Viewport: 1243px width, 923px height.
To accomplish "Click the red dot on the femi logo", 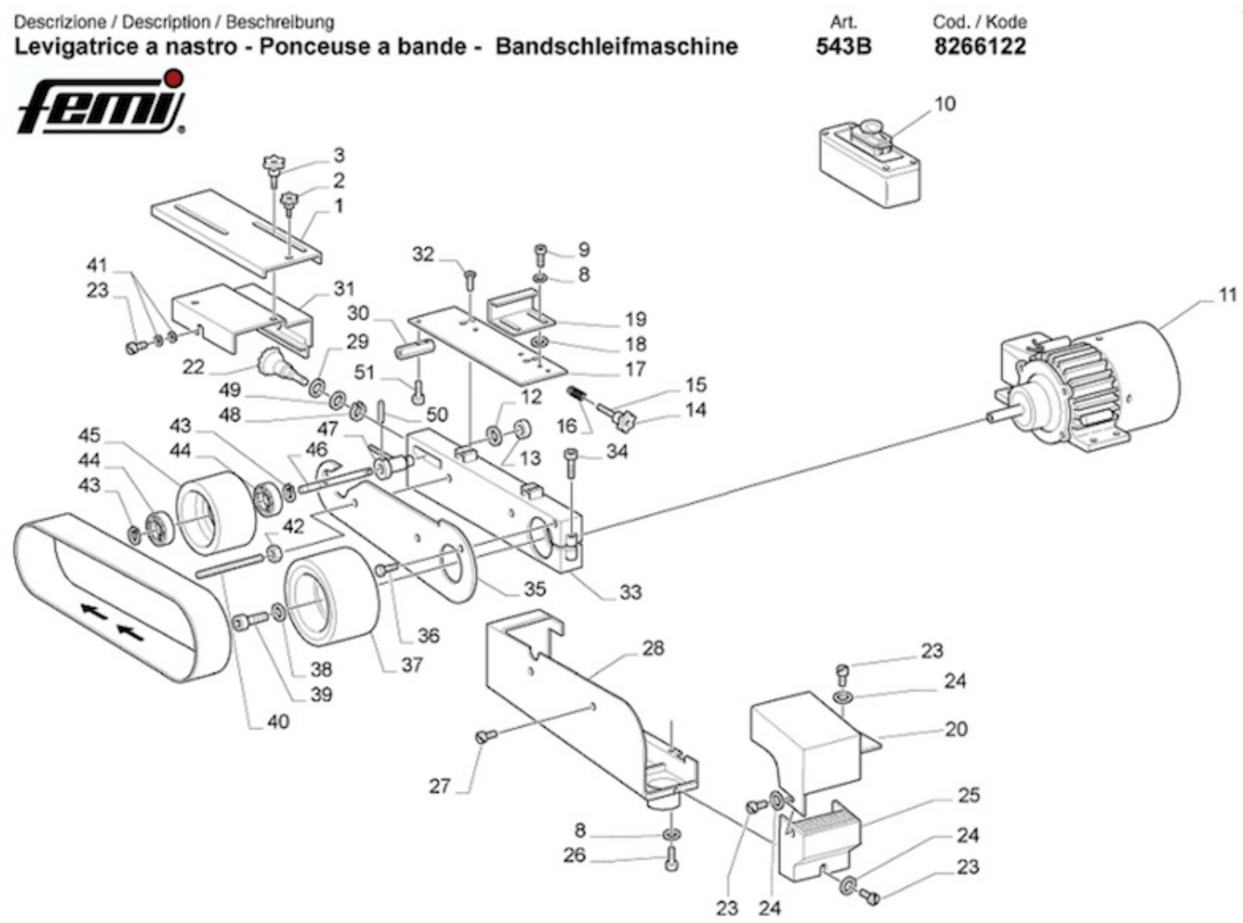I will [175, 78].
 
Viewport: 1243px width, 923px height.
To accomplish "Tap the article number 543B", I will [844, 46].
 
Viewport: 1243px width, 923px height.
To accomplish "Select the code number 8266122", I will [980, 46].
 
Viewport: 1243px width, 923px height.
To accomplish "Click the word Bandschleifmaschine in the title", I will [616, 46].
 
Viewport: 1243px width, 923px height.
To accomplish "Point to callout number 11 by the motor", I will [1228, 296].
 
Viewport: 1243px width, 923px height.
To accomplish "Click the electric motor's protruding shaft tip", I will [990, 418].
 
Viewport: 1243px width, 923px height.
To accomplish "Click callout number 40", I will [278, 722].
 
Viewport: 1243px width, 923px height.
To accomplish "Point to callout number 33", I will [630, 592].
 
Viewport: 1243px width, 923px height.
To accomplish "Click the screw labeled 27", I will [486, 738].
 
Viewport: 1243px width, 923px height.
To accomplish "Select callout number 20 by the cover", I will [956, 729].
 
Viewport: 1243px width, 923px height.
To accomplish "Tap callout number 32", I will [423, 254].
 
